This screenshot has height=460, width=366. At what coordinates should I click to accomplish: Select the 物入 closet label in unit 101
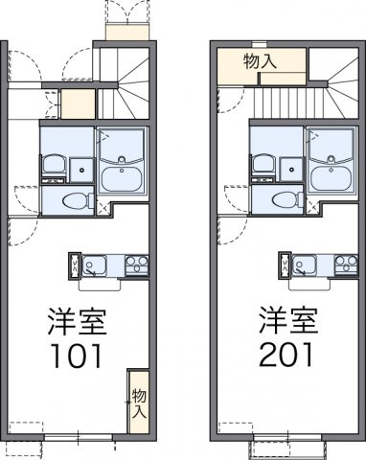coord(138,403)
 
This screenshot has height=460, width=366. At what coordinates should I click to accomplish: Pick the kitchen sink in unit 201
coord(308,265)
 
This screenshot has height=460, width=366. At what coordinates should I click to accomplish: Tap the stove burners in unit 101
coord(135,265)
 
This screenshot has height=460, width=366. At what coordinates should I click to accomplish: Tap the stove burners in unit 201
coord(345,265)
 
